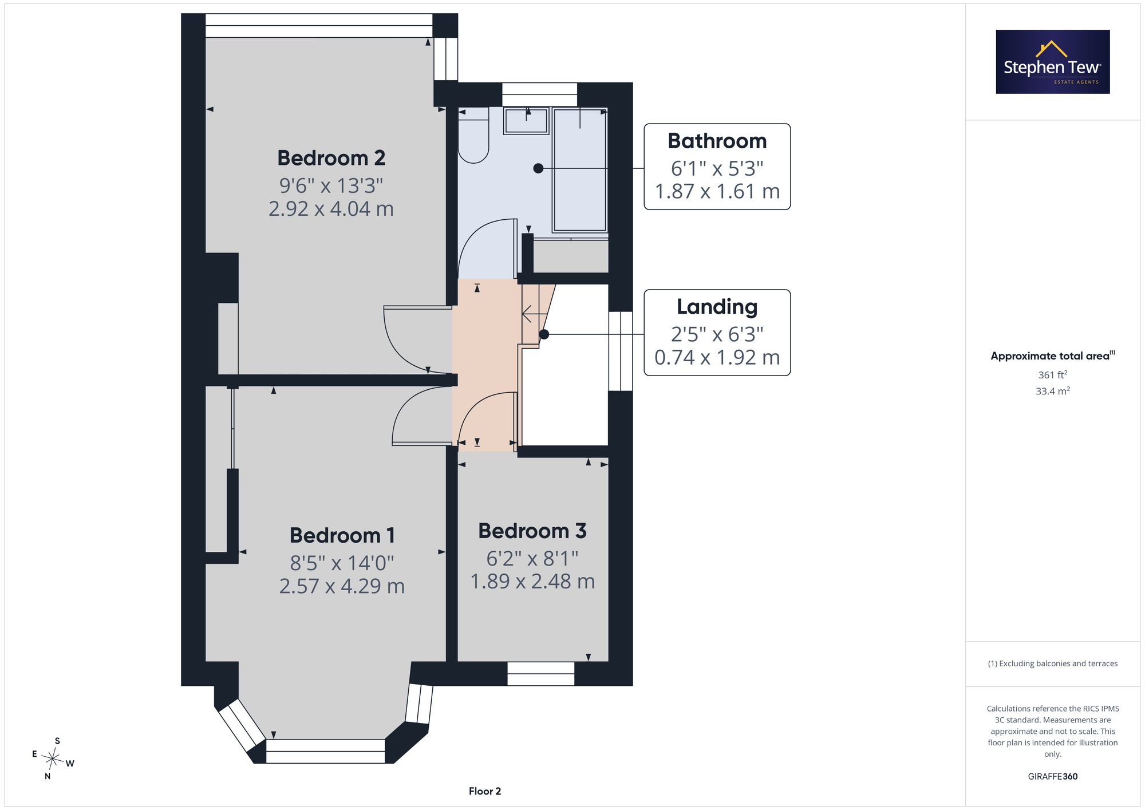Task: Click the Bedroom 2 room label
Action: click(331, 158)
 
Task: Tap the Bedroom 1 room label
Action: click(342, 536)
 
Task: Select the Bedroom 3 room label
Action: click(532, 531)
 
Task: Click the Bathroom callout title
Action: click(717, 141)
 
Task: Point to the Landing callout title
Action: click(717, 307)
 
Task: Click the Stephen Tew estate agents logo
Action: click(1053, 62)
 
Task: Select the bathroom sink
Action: click(526, 121)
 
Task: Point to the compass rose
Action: click(53, 759)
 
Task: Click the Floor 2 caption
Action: click(485, 791)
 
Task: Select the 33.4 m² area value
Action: click(1053, 391)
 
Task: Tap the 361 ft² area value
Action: click(1053, 375)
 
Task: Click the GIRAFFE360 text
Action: click(1053, 777)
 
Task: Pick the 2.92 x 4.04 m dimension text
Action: click(331, 209)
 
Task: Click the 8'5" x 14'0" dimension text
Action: click(342, 563)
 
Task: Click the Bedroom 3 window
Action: click(541, 674)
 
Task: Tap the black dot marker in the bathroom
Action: click(538, 168)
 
